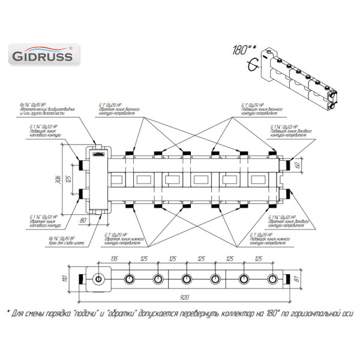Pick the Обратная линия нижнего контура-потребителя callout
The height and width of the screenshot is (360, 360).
click(123, 238)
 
